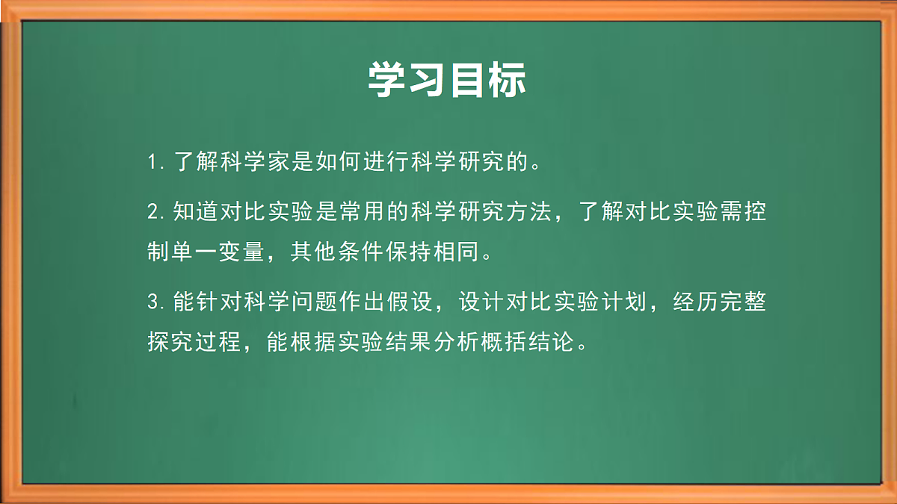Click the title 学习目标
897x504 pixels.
(x=447, y=81)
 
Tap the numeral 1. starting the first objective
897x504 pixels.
(x=156, y=162)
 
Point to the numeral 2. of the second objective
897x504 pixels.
(x=156, y=213)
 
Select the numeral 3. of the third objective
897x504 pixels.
(x=156, y=303)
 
